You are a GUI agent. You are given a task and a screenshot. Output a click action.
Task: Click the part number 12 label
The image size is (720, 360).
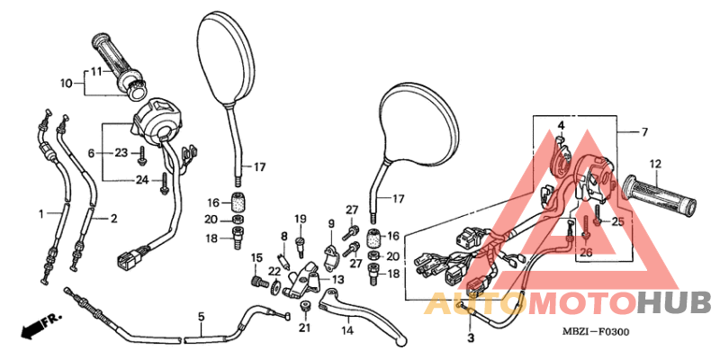pos(654,164)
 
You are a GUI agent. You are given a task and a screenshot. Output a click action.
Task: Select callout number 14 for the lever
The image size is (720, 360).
pos(347,330)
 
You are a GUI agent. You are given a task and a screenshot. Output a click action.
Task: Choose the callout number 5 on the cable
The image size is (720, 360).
pos(201,317)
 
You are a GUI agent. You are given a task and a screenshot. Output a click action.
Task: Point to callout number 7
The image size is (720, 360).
pos(643,132)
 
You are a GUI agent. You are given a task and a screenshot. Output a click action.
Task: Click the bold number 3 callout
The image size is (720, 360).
pos(470,338)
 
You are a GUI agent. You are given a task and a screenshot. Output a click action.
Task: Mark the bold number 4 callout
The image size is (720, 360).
pos(559,124)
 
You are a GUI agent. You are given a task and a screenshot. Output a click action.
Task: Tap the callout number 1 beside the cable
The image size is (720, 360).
pos(41,213)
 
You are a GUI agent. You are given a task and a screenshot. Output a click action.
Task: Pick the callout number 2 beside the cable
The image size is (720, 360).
pos(113,218)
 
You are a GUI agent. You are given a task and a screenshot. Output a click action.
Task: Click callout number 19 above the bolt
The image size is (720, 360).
pos(301,219)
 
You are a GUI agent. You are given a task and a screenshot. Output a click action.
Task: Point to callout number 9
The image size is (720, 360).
pos(330,224)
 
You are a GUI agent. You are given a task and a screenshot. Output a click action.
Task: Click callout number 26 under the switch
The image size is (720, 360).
pos(587,253)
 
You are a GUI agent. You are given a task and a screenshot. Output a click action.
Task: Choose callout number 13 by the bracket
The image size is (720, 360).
pos(337,280)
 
